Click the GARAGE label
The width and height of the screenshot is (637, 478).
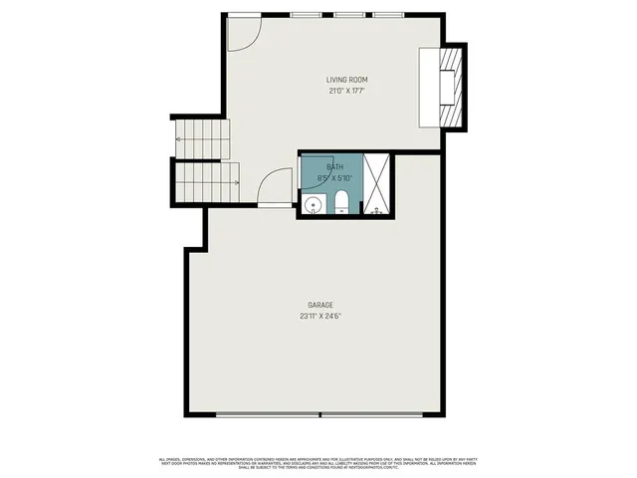(319, 306)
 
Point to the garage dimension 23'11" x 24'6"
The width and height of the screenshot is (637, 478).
(319, 317)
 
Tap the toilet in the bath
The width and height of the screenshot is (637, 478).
(341, 205)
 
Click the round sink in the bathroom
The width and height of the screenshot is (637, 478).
(313, 206)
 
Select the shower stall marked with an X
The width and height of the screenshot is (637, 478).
(377, 183)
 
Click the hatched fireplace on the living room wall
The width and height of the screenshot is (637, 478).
(455, 88)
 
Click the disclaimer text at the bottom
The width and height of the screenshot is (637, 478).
(318, 462)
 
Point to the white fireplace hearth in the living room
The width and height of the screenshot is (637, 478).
(429, 88)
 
